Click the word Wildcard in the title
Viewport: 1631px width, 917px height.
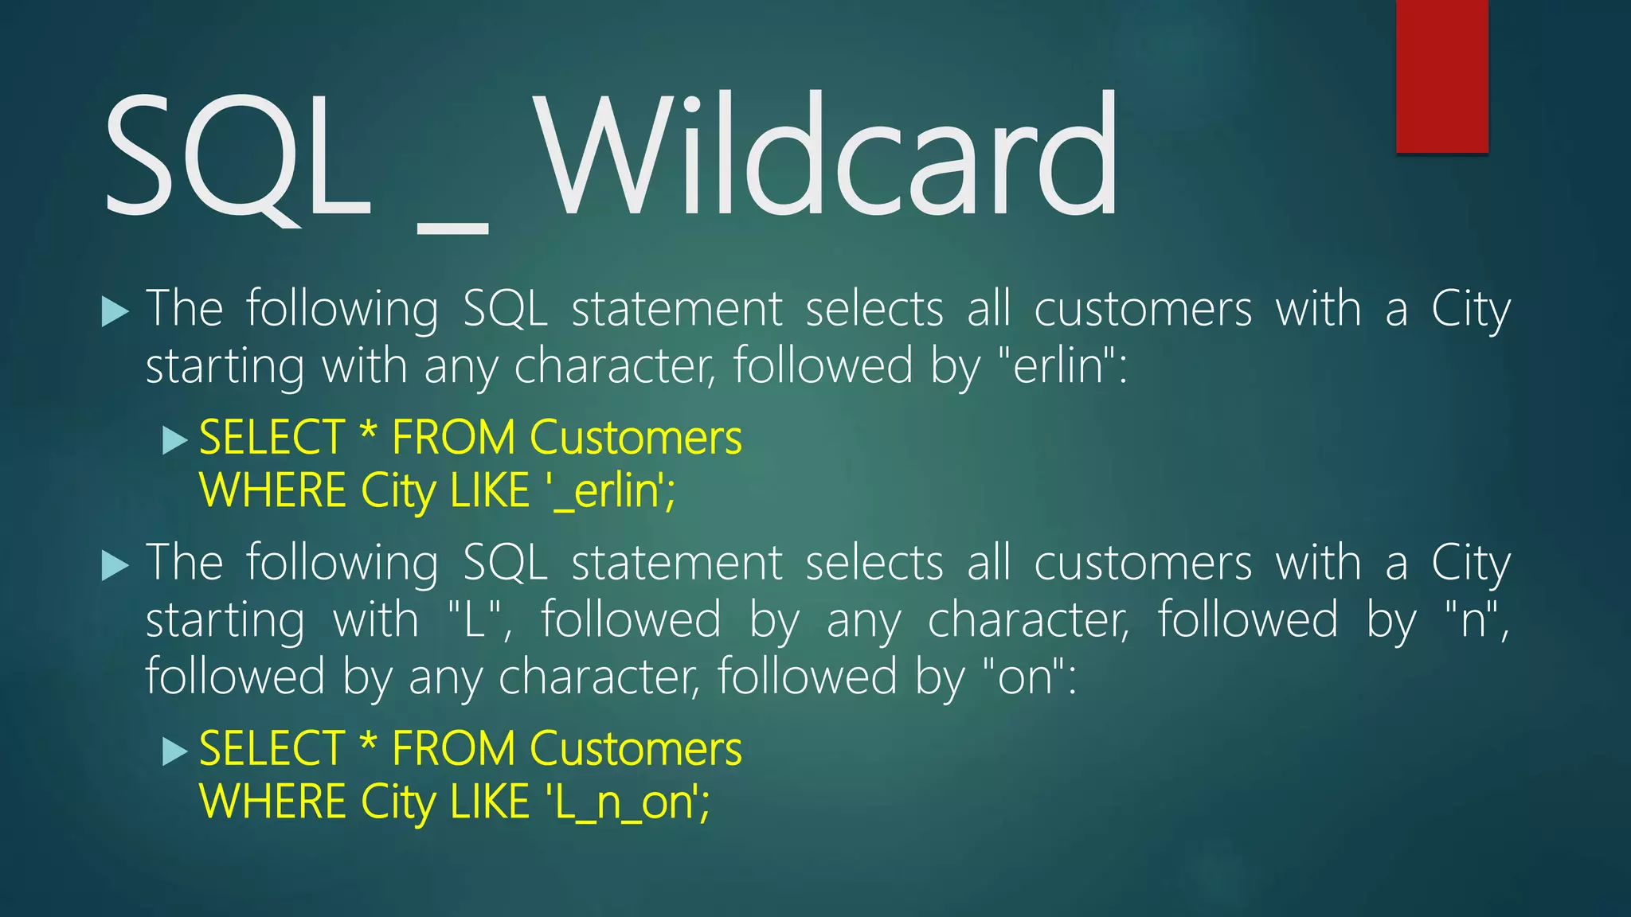pyautogui.click(x=828, y=155)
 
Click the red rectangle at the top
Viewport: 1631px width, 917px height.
pyautogui.click(x=1441, y=76)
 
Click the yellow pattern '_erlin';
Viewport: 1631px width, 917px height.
pyautogui.click(x=612, y=490)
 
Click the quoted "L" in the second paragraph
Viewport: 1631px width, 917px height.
pyautogui.click(x=475, y=619)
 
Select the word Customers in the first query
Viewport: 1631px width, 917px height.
pyautogui.click(x=636, y=438)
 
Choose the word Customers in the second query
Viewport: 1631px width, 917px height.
pyautogui.click(x=636, y=749)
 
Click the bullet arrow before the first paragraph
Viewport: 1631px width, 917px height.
pyautogui.click(x=115, y=311)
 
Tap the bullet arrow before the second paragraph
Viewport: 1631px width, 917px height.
pyautogui.click(x=115, y=566)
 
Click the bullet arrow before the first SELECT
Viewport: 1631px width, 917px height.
pyautogui.click(x=174, y=439)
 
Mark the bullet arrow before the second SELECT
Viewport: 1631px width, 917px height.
pyautogui.click(x=174, y=751)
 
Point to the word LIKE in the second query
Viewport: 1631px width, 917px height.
pyautogui.click(x=489, y=802)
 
